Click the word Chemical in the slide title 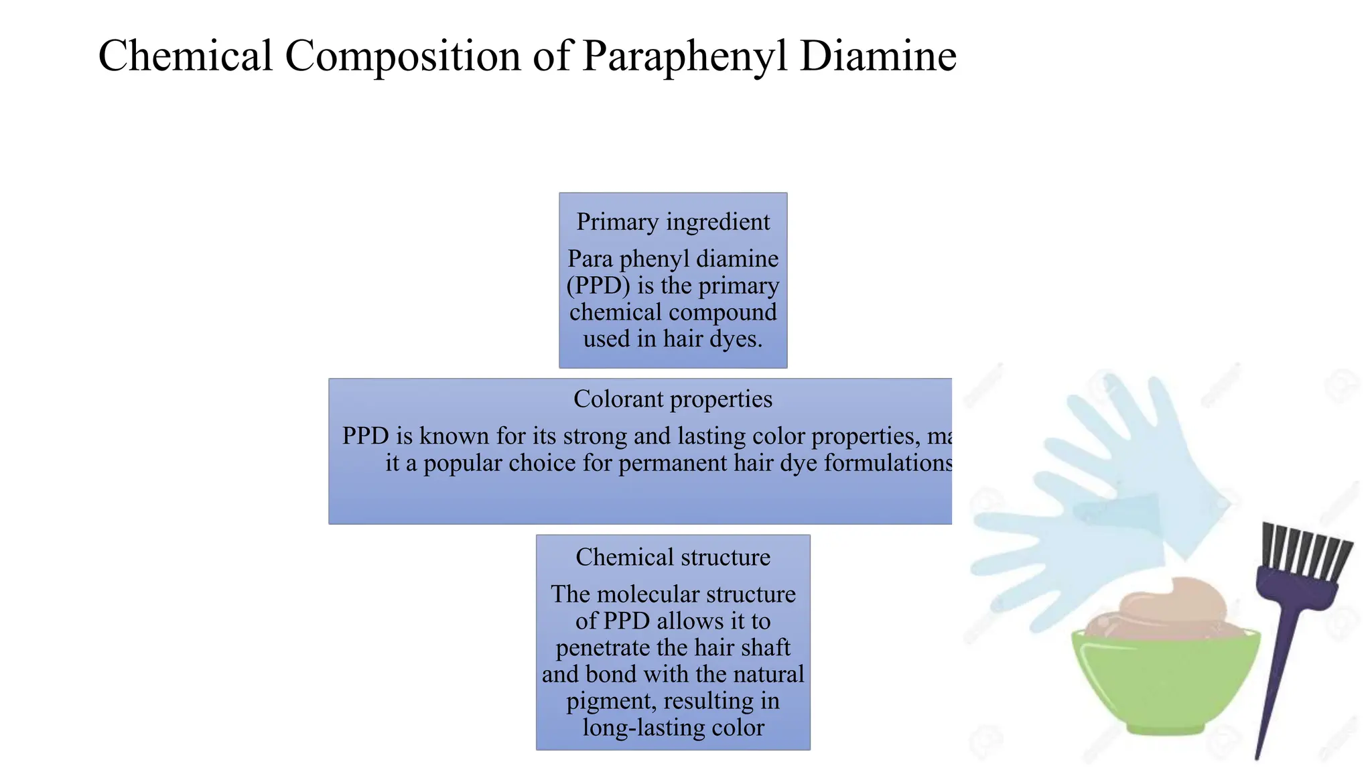[186, 56]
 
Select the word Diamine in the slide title [878, 56]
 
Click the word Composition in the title [403, 57]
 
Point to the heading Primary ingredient [673, 222]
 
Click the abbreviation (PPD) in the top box [598, 286]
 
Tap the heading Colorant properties [673, 399]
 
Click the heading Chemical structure [673, 557]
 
